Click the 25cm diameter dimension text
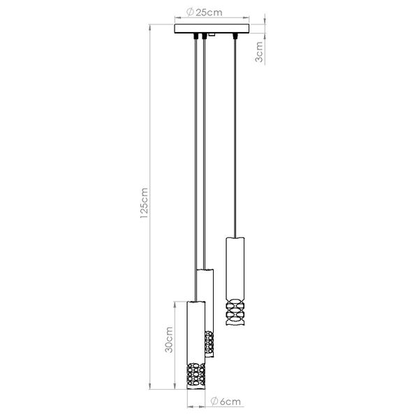pyautogui.click(x=209, y=13)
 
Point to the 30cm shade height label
pyautogui.click(x=167, y=345)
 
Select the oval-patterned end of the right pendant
pyautogui.click(x=234, y=314)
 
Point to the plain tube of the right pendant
pyautogui.click(x=234, y=269)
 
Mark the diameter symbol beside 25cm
pyautogui.click(x=190, y=13)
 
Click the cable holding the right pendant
pyautogui.click(x=234, y=140)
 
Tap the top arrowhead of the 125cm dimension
pyautogui.click(x=152, y=29)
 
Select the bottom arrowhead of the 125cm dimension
pyautogui.click(x=152, y=388)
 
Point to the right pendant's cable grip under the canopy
pyautogui.click(x=234, y=36)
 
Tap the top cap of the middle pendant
pyautogui.click(x=203, y=270)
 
